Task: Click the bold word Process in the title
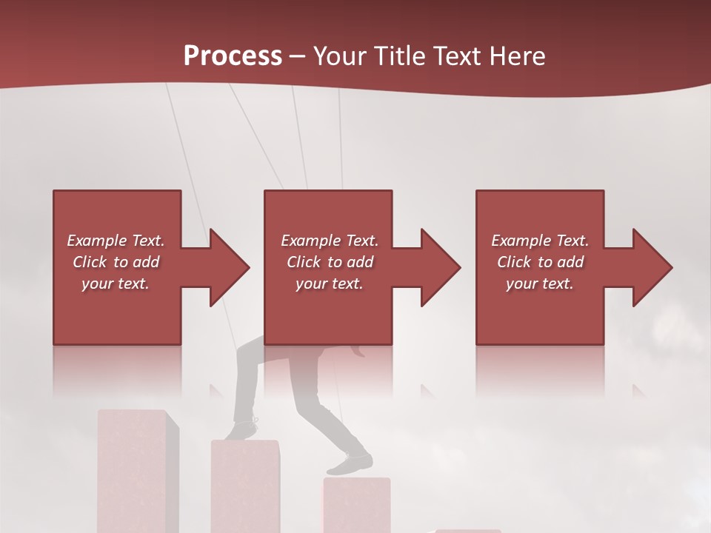click(x=233, y=56)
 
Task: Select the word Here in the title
click(x=518, y=56)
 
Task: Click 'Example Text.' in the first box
click(x=116, y=241)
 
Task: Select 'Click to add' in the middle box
click(x=330, y=262)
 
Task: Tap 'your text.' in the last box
click(x=539, y=284)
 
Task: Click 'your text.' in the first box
click(x=116, y=284)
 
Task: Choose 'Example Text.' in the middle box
click(x=330, y=241)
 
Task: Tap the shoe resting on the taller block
click(x=242, y=429)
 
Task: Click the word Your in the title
click(x=338, y=56)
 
